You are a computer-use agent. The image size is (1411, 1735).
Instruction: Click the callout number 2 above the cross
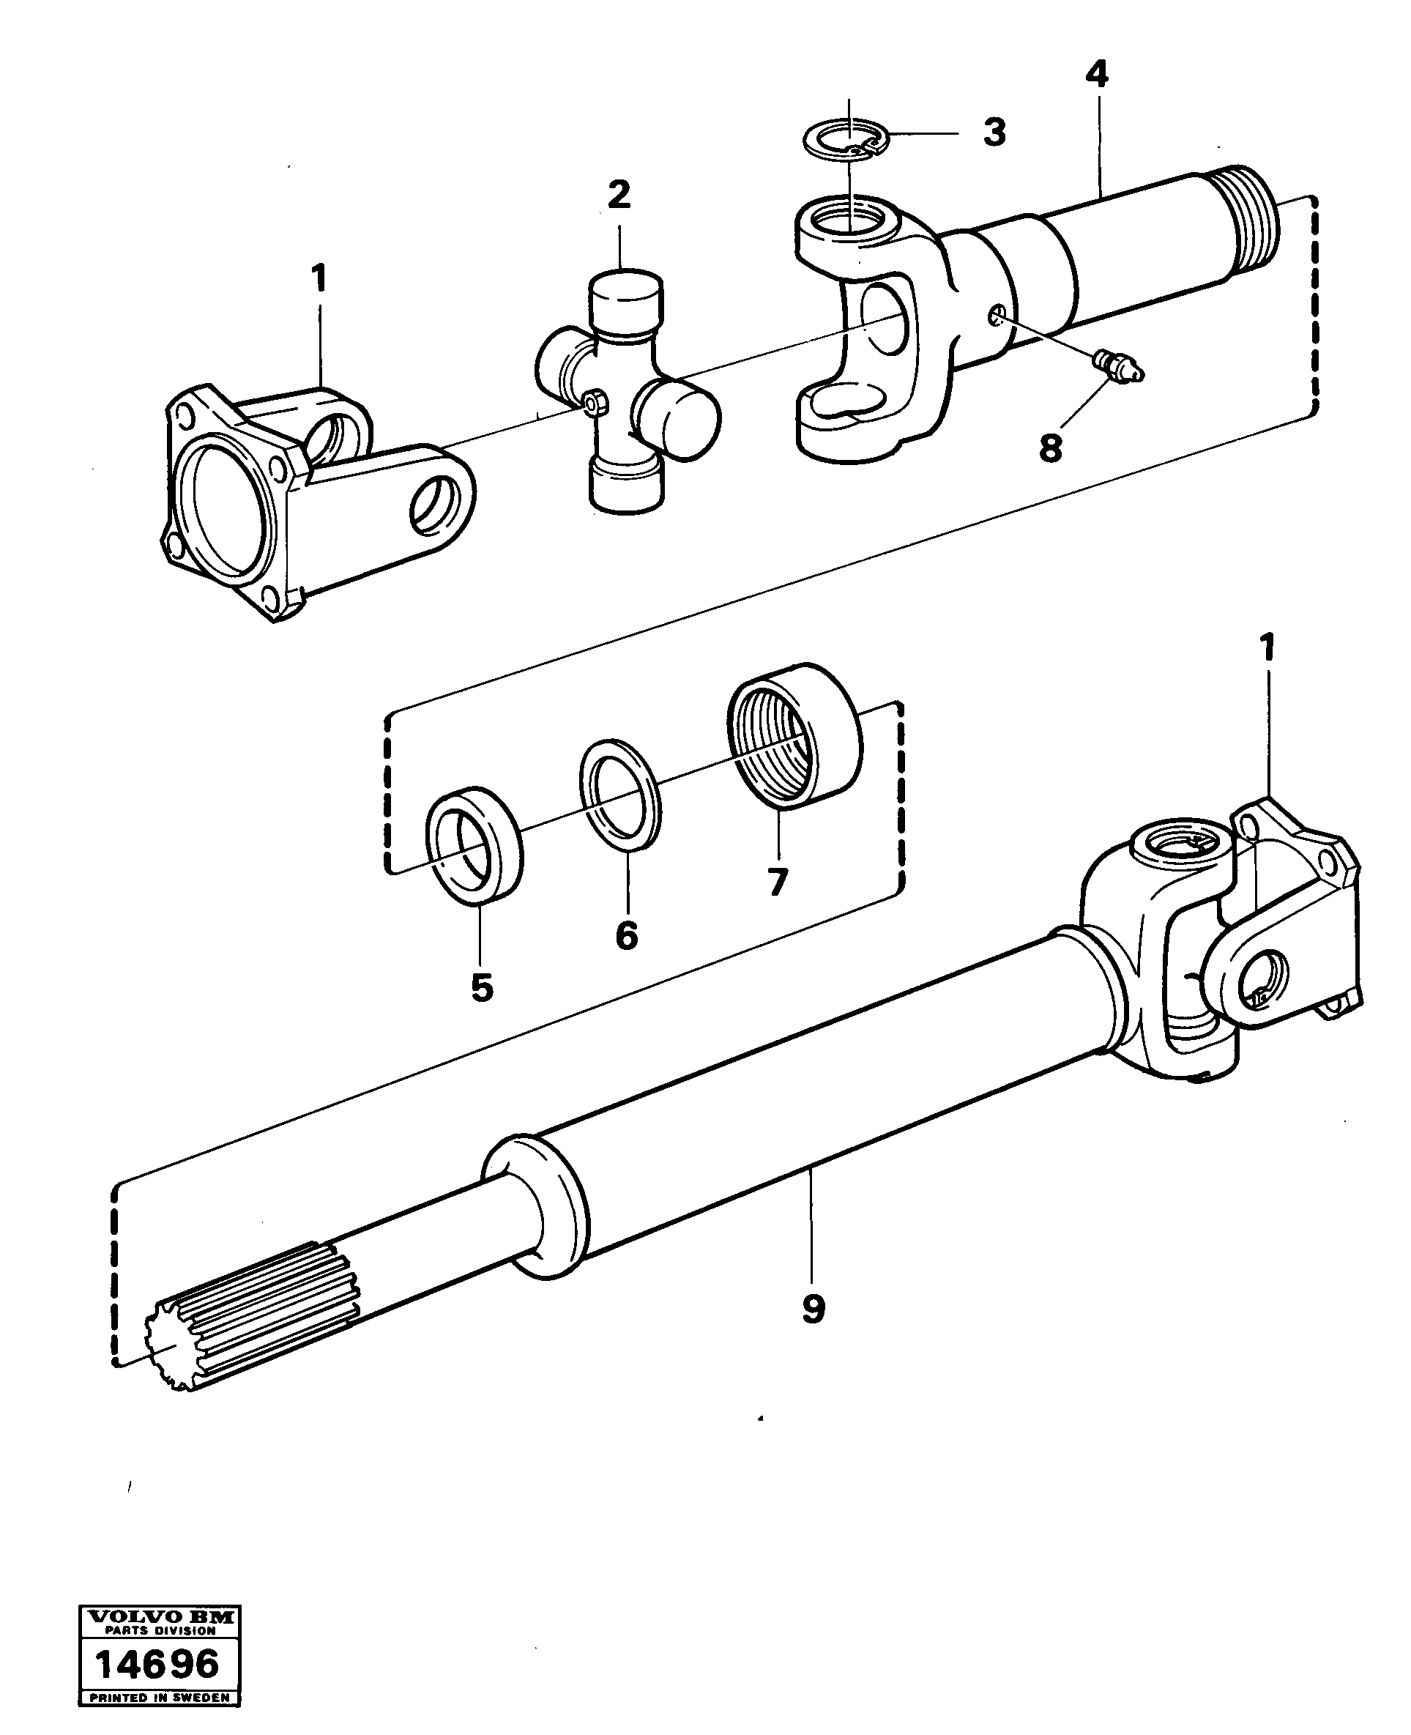pyautogui.click(x=619, y=194)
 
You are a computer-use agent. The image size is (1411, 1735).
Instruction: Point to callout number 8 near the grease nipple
pyautogui.click(x=1050, y=447)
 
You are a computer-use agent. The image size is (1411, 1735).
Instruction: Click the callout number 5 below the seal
pyautogui.click(x=482, y=988)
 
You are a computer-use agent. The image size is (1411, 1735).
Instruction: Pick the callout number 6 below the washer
pyautogui.click(x=627, y=936)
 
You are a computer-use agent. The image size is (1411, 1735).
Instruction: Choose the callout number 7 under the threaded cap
pyautogui.click(x=777, y=882)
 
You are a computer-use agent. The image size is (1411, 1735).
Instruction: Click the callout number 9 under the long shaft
pyautogui.click(x=813, y=1308)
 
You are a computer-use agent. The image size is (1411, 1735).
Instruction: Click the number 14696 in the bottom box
pyautogui.click(x=157, y=1662)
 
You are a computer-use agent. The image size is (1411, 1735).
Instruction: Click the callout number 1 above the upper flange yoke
pyautogui.click(x=319, y=279)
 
